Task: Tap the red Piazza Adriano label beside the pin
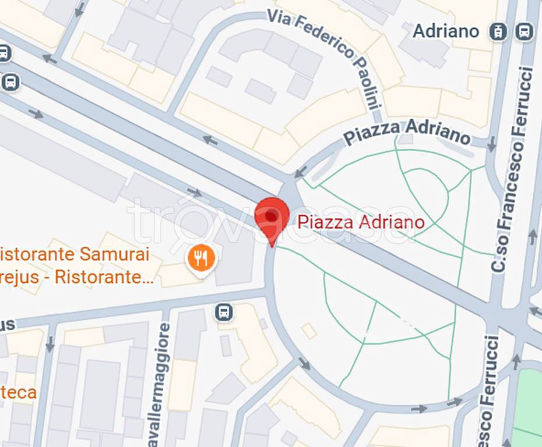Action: click(361, 222)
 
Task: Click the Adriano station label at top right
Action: click(446, 31)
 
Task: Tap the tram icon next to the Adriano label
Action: click(498, 31)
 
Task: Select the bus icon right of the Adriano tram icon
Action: click(524, 31)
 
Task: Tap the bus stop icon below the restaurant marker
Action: click(223, 312)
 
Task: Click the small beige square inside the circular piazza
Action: click(309, 331)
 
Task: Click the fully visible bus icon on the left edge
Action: click(10, 82)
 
